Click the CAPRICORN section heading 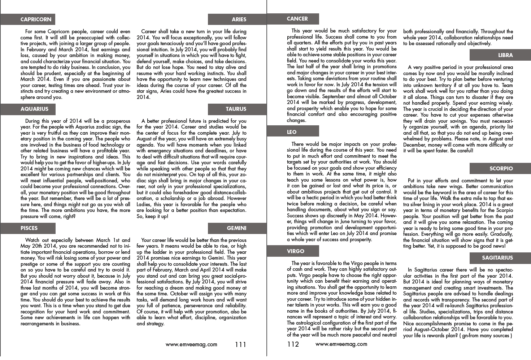point(36,19)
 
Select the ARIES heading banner point(239,19)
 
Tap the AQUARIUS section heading point(34,109)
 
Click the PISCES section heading point(29,228)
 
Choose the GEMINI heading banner point(236,228)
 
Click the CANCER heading point(297,19)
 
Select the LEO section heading point(292,132)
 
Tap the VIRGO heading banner point(296,251)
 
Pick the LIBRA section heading point(505,55)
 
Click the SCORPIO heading point(501,169)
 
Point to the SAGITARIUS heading point(497,258)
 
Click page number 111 point(240,344)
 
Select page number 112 point(293,344)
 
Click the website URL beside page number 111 point(191,344)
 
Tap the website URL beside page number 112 point(341,344)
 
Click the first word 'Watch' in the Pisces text point(32,240)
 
